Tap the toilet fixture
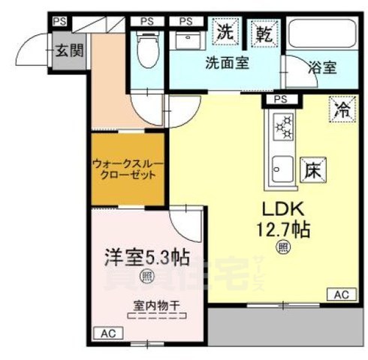point(147,49)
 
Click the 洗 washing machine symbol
point(225,32)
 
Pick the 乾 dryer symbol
point(264,32)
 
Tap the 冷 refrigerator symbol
point(341,110)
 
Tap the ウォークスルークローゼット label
point(127,168)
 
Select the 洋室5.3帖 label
point(146,257)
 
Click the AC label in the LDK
point(341,294)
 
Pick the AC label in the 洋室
point(108,332)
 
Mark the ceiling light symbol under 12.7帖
point(283,246)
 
